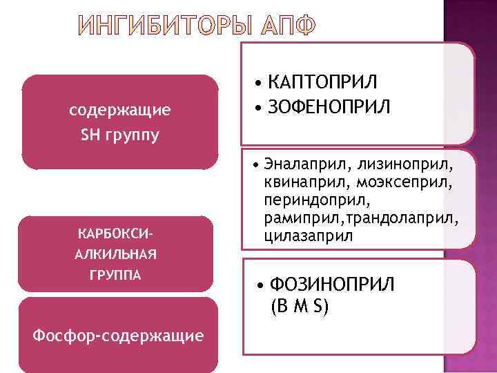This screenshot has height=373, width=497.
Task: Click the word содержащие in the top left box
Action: coord(120,110)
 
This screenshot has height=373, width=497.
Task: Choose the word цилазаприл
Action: coord(306,236)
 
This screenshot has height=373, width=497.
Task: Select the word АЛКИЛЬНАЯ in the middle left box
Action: coord(115,254)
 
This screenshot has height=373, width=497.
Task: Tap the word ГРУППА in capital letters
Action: coord(115,275)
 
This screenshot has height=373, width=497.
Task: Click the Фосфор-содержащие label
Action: coord(119,336)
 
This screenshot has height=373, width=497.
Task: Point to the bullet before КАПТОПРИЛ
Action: coord(257,85)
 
